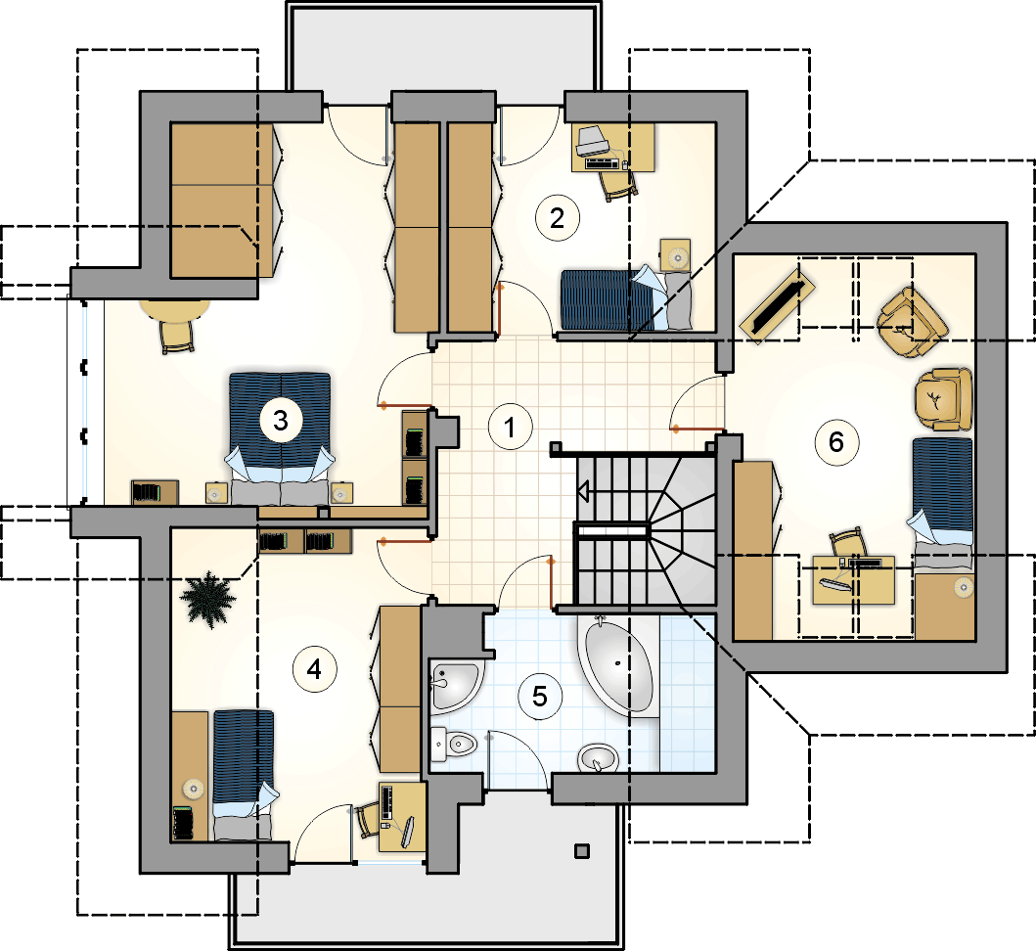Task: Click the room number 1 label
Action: click(x=510, y=428)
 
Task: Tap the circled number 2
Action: click(x=557, y=218)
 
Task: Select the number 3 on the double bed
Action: click(x=280, y=421)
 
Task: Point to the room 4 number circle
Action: click(x=314, y=669)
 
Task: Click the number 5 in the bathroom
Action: click(x=540, y=697)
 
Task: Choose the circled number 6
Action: click(x=835, y=442)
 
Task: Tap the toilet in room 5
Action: click(x=453, y=746)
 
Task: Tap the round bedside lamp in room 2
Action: click(x=676, y=256)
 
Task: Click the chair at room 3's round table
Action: click(x=177, y=337)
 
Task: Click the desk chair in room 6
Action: click(x=848, y=543)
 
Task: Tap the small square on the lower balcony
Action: click(x=581, y=851)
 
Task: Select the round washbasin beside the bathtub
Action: click(x=598, y=758)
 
